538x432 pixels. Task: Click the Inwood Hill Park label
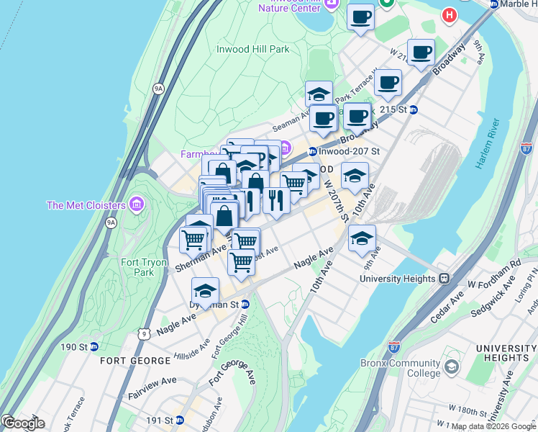[x=252, y=50]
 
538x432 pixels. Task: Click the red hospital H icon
[x=450, y=14]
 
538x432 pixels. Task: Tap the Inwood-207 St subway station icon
[x=313, y=151]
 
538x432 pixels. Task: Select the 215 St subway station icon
[x=414, y=109]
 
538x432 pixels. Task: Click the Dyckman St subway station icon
[x=245, y=305]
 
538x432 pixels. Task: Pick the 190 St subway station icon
[x=94, y=347]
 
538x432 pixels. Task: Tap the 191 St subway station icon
[x=181, y=420]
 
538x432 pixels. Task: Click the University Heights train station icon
[x=444, y=278]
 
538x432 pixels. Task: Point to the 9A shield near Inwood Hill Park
[x=158, y=89]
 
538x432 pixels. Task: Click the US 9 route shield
[x=145, y=333]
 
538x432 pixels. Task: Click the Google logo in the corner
[x=23, y=423]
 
